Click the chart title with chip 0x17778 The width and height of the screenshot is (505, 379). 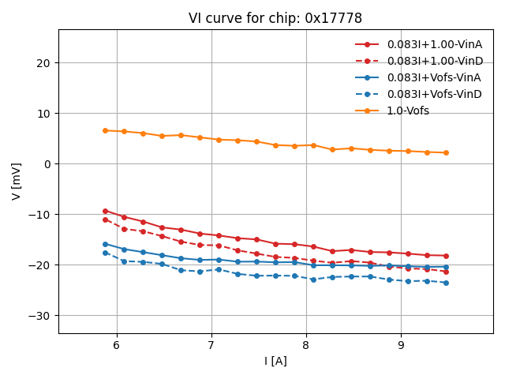pyautogui.click(x=275, y=18)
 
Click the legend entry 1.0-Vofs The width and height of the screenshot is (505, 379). pyautogui.click(x=408, y=111)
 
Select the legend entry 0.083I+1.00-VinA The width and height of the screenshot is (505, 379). pyautogui.click(x=433, y=44)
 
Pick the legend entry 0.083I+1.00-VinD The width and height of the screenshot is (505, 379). pyautogui.click(x=434, y=61)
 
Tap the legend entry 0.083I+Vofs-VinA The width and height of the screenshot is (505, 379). pyautogui.click(x=433, y=77)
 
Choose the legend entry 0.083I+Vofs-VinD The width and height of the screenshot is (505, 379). pyautogui.click(x=434, y=94)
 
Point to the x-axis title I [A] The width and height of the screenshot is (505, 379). pyautogui.click(x=275, y=361)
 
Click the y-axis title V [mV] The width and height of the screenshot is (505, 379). pyautogui.click(x=17, y=182)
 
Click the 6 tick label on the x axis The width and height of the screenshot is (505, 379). pyautogui.click(x=117, y=345)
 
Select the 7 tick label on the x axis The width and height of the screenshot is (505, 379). pyautogui.click(x=211, y=345)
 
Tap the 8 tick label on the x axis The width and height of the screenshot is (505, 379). pyautogui.click(x=306, y=345)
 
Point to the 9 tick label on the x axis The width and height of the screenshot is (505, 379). pyautogui.click(x=401, y=345)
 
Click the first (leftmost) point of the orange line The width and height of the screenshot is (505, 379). pyautogui.click(x=105, y=130)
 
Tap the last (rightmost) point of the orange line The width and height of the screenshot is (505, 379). pyautogui.click(x=446, y=152)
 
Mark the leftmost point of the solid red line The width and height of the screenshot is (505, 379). pyautogui.click(x=105, y=211)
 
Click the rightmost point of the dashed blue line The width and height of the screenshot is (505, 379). pyautogui.click(x=446, y=283)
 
